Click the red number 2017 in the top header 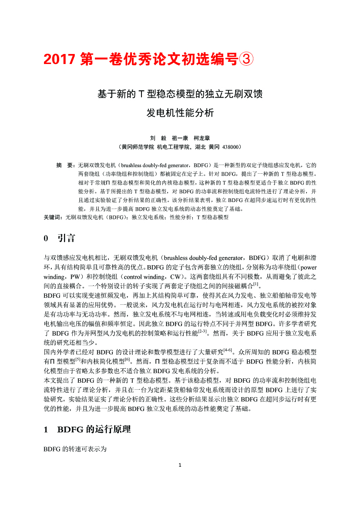(60, 59)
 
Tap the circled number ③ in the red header (246, 59)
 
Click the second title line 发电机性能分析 (180, 113)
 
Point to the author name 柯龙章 (202, 138)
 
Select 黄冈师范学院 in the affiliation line (138, 147)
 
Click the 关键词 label (54, 216)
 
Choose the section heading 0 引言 (60, 238)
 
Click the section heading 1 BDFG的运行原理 (87, 430)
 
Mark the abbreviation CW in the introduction (176, 276)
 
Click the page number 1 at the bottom (180, 465)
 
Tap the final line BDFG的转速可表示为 (75, 448)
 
